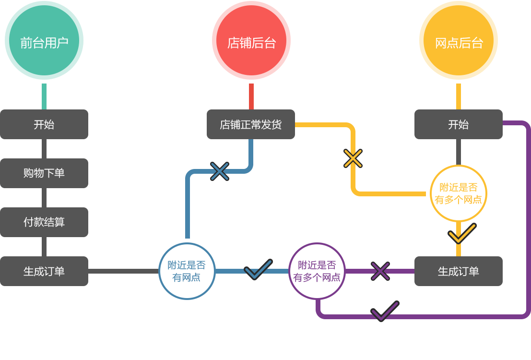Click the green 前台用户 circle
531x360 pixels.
tap(44, 42)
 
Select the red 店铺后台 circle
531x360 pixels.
tap(251, 42)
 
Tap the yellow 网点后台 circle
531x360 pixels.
tap(459, 42)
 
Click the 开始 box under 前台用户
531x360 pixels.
tap(44, 124)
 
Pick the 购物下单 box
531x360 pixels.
tap(44, 173)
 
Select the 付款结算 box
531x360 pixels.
tap(44, 222)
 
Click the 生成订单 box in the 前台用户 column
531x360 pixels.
tap(44, 271)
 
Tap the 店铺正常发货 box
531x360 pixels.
tap(251, 124)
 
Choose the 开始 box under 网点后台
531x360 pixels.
tap(458, 124)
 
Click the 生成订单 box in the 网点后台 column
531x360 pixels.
tap(458, 271)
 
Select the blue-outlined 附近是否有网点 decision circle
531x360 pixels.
tap(187, 271)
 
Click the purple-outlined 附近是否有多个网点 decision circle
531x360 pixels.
tap(317, 271)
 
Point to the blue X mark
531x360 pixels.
tap(220, 171)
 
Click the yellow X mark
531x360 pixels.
tap(353, 158)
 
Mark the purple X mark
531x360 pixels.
tap(380, 271)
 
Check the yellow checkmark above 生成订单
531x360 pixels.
tap(461, 234)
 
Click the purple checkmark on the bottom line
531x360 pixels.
tap(385, 312)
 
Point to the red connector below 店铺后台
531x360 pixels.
tap(251, 96)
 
